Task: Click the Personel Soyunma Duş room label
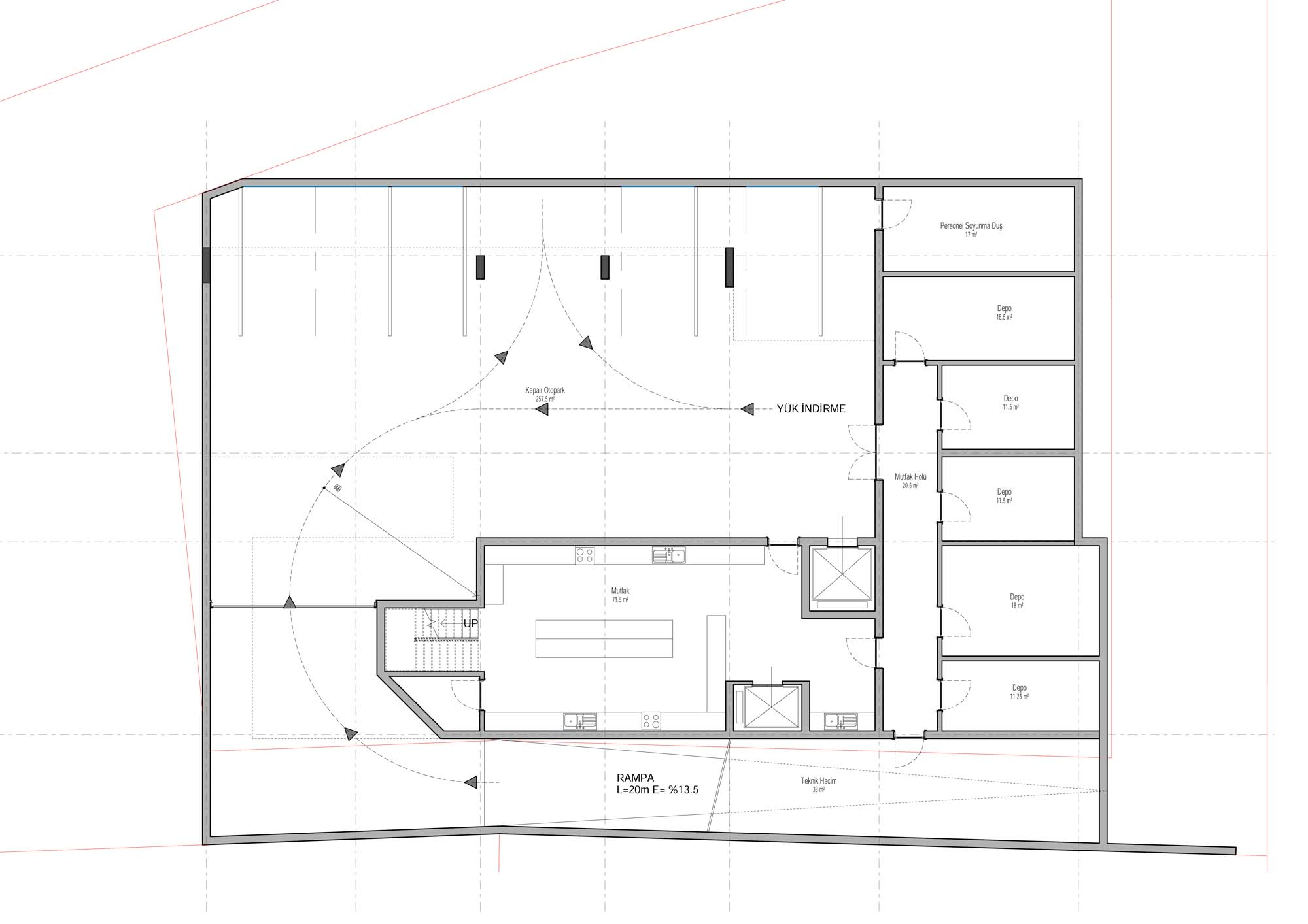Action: [971, 229]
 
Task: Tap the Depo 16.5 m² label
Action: [1005, 312]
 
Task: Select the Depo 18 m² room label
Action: [1017, 601]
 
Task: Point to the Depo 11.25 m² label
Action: [1020, 692]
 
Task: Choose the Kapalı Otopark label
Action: [545, 394]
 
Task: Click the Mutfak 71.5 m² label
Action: [620, 595]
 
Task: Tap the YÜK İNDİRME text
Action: [811, 409]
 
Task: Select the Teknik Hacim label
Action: [819, 785]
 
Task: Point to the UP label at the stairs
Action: [471, 624]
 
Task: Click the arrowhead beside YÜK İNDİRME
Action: [748, 409]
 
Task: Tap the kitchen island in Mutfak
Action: [604, 638]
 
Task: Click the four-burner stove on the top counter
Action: [585, 556]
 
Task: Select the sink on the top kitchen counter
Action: [669, 556]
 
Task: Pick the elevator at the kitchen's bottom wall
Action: [766, 707]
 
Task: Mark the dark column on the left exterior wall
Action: [207, 265]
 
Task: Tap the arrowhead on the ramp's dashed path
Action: [469, 782]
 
